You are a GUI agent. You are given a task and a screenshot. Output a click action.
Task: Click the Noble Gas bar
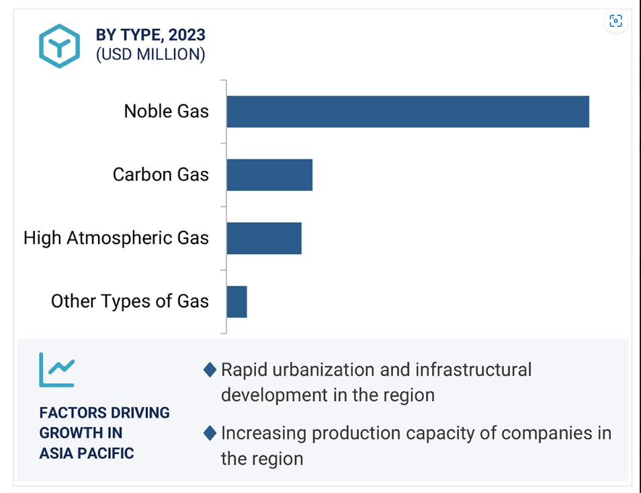(408, 112)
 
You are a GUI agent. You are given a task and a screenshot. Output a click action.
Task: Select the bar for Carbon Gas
(270, 175)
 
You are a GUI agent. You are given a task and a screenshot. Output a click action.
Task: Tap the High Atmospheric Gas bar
(264, 239)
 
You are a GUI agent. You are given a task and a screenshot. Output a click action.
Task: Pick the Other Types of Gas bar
(237, 302)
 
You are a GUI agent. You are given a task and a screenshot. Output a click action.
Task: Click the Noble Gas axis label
(167, 111)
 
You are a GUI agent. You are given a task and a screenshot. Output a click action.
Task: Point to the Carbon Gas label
(161, 175)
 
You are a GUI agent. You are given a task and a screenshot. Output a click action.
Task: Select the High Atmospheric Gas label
(116, 238)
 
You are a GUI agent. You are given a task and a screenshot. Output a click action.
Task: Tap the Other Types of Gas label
(130, 301)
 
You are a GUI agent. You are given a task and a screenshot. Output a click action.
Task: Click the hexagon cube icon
(60, 46)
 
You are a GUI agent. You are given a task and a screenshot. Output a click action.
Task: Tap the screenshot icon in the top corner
(615, 21)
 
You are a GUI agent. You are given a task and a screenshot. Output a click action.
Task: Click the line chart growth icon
(57, 370)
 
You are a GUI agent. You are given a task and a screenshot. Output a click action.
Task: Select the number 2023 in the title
(187, 35)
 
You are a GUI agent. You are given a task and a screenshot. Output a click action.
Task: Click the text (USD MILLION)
(151, 54)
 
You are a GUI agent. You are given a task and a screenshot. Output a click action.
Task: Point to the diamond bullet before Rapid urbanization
(210, 370)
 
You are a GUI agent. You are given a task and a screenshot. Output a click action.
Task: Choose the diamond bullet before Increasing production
(210, 433)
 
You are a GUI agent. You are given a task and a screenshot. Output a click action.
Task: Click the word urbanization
(323, 370)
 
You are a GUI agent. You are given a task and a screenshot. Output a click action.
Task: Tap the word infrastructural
(474, 370)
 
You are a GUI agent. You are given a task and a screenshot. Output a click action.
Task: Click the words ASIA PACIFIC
(87, 453)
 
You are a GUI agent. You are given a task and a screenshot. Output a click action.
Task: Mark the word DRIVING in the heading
(140, 413)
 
